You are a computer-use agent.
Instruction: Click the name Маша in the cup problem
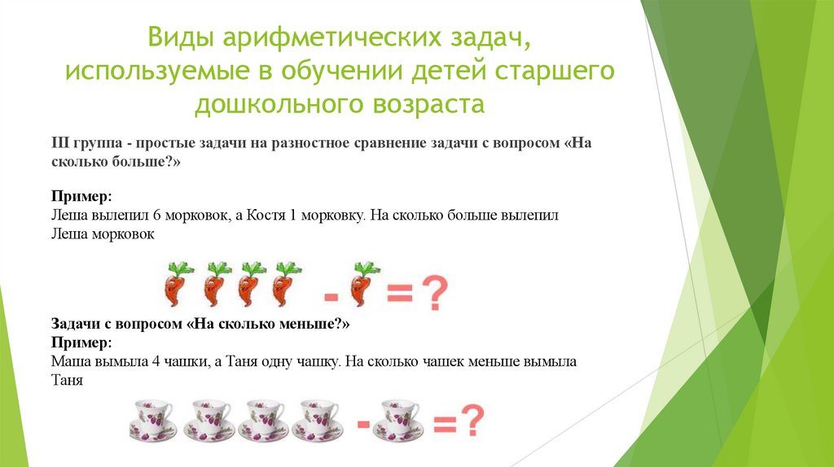[x=70, y=363]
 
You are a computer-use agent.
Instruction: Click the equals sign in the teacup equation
[x=444, y=425]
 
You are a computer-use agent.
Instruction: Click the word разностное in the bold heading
[x=304, y=143]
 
